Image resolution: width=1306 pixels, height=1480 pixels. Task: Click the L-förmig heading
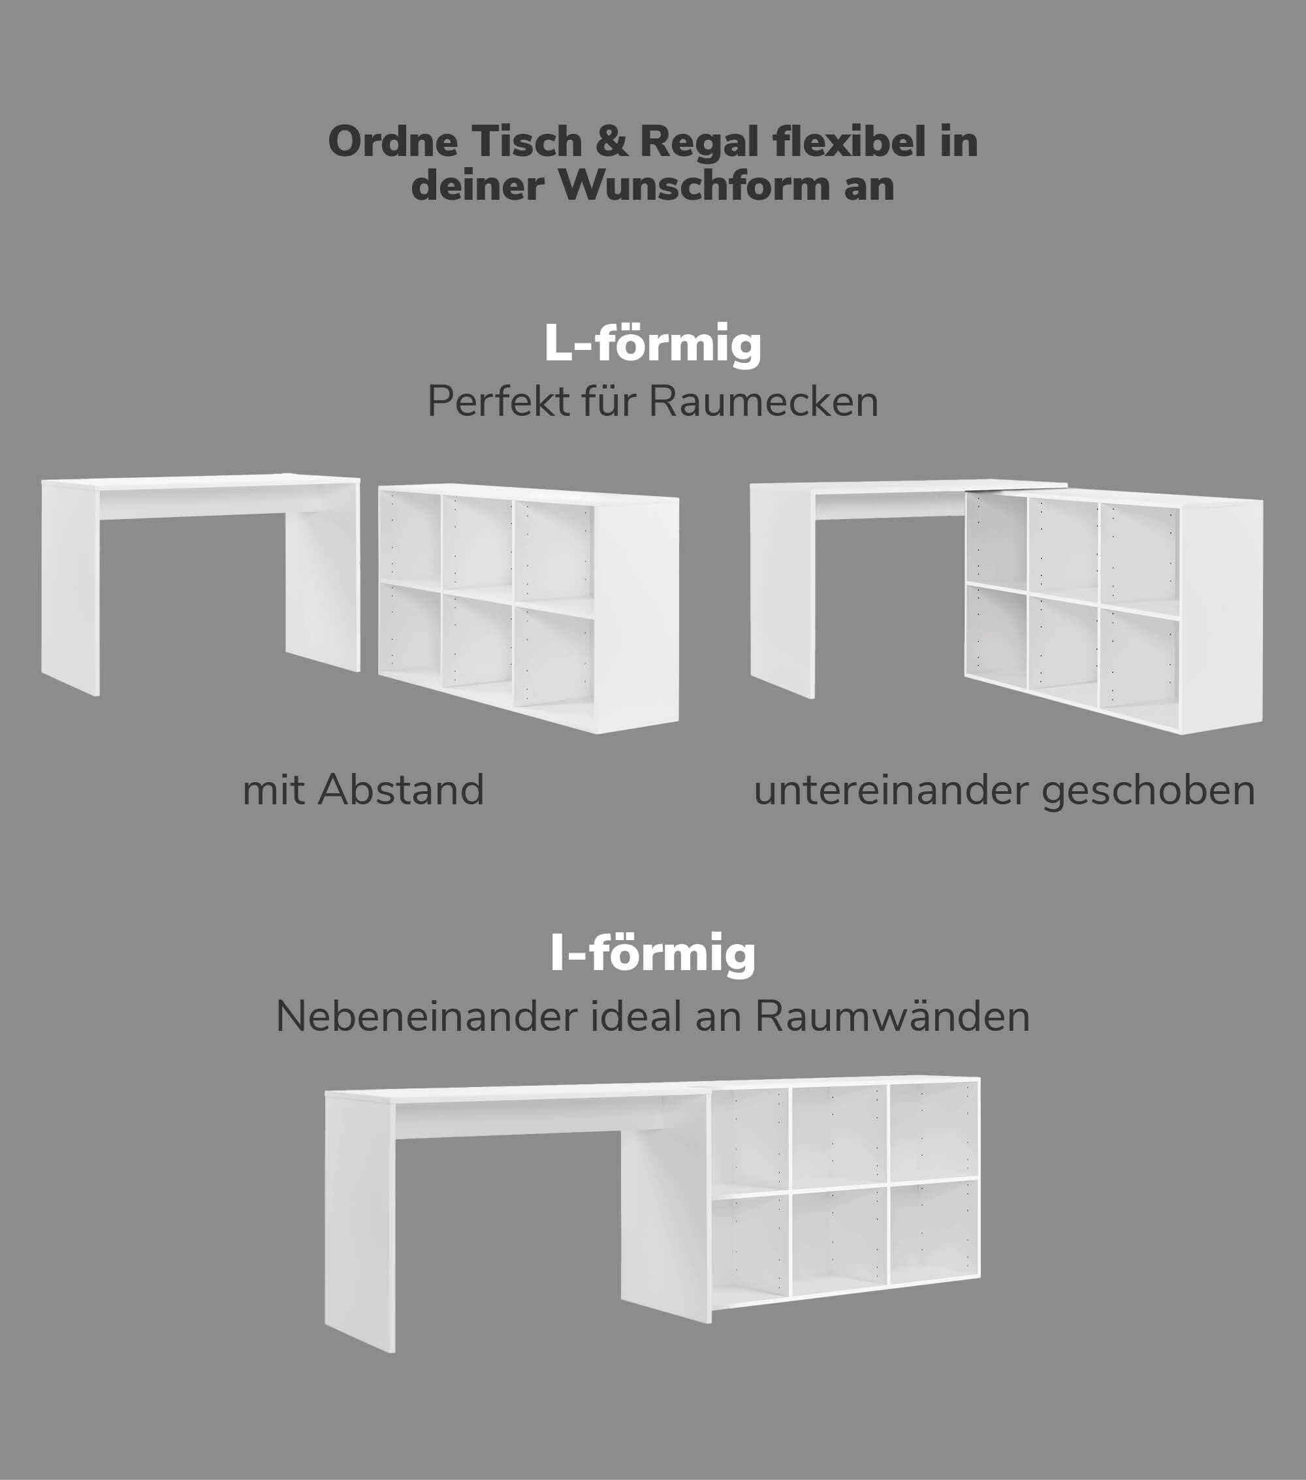click(652, 345)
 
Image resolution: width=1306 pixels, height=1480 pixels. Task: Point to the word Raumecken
click(764, 402)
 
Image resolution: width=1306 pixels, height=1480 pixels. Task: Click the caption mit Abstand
click(364, 790)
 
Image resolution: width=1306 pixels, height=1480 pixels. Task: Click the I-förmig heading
click(652, 955)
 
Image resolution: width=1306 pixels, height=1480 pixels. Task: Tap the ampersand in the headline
click(612, 142)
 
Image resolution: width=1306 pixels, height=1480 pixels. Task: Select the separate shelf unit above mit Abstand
click(529, 608)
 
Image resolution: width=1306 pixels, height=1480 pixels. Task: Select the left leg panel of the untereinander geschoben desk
click(782, 591)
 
